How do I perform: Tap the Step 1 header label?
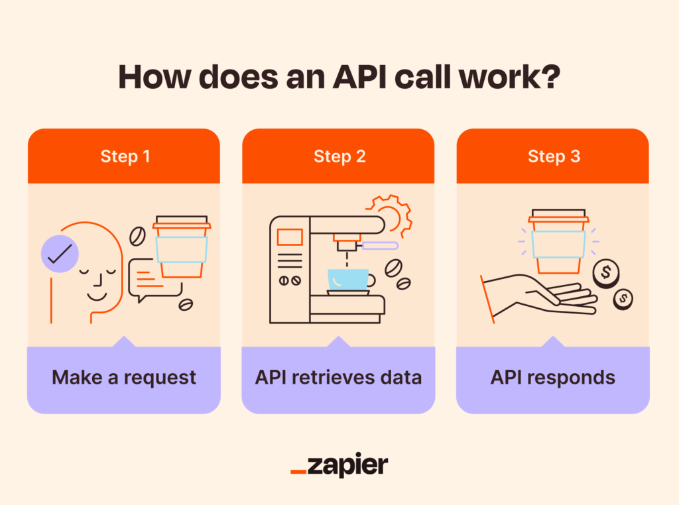point(125,156)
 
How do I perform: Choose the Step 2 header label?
point(339,156)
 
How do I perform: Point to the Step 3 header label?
point(554,156)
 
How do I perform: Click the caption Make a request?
point(124,378)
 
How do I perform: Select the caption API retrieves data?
point(338,378)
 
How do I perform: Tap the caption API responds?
point(553,378)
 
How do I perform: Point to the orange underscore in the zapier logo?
point(298,473)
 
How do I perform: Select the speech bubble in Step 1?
point(154,278)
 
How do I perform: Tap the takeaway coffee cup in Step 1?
point(181,247)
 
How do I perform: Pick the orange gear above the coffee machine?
point(391,214)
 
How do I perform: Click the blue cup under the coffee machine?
point(348,280)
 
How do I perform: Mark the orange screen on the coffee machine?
point(290,237)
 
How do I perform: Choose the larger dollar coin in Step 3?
point(605,273)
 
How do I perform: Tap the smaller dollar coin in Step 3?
point(622,300)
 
